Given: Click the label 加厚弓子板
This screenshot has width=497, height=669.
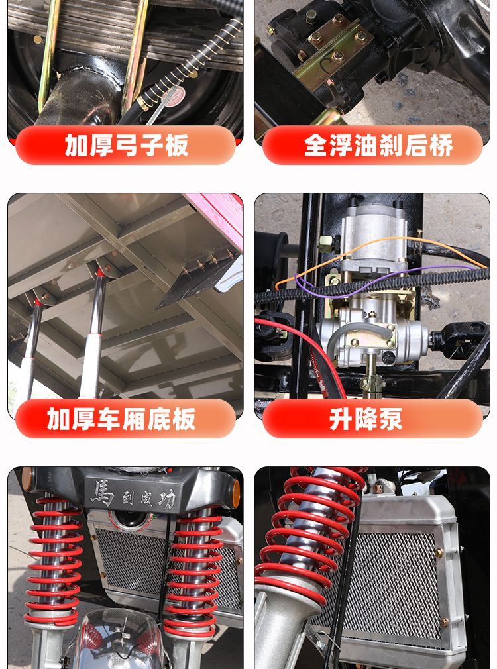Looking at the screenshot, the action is pyautogui.click(x=127, y=146).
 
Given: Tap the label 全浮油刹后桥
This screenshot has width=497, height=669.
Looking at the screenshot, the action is pyautogui.click(x=378, y=146).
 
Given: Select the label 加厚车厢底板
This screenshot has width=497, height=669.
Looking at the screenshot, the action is pyautogui.click(x=121, y=419).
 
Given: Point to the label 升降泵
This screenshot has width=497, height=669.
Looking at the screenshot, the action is pyautogui.click(x=366, y=419).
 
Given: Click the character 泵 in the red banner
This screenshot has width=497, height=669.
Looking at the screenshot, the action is pyautogui.click(x=390, y=419).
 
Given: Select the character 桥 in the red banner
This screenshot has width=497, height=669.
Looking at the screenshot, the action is pyautogui.click(x=441, y=146).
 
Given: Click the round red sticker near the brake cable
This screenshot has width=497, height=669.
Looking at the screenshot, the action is pyautogui.click(x=175, y=97).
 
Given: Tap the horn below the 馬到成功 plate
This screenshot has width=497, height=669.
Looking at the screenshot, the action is pyautogui.click(x=127, y=520).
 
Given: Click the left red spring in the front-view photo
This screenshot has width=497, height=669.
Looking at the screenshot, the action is pyautogui.click(x=54, y=560).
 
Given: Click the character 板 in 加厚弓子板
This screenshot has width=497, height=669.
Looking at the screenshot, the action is pyautogui.click(x=177, y=146).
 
